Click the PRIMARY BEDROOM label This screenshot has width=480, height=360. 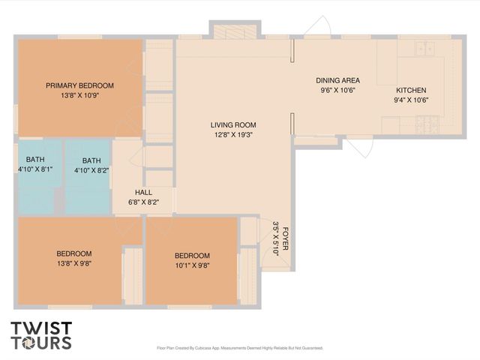coord(79,85)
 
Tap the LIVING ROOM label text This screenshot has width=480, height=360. coord(233,125)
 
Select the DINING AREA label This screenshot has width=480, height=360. coord(337,80)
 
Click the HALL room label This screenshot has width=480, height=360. coord(143,193)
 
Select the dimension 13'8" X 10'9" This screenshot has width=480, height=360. coord(79,95)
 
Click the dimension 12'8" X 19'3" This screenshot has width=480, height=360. coord(233,135)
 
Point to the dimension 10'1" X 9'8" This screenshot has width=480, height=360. coord(192,265)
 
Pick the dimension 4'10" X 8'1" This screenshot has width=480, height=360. coord(35,170)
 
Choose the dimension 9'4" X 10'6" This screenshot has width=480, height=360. coord(412,99)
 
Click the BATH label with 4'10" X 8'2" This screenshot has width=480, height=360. coord(91,160)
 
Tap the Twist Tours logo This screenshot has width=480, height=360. coord(41,335)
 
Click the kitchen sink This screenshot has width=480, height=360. coord(425,49)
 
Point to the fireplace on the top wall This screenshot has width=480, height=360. coord(234,32)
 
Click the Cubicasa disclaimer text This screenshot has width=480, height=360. coord(239,348)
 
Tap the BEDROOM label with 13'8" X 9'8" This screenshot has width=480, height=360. coord(74,253)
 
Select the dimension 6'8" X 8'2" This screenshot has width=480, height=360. coord(143,202)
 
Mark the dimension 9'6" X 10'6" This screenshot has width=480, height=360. coord(337,90)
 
